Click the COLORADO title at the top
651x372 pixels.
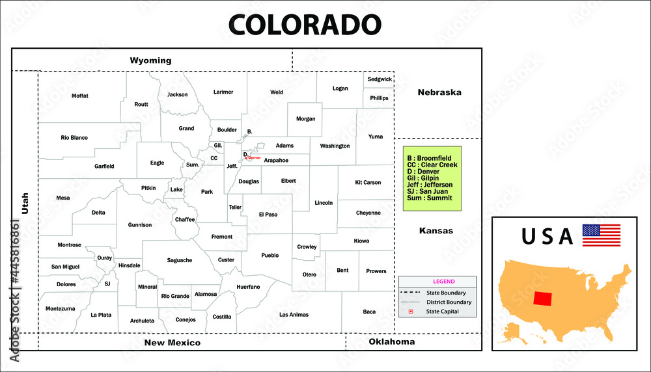point(304,24)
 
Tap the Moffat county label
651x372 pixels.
point(79,96)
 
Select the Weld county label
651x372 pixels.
point(277,92)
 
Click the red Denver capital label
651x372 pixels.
point(253,158)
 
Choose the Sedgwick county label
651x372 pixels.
point(380,79)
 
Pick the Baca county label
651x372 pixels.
point(369,312)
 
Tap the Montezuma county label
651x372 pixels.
point(60,308)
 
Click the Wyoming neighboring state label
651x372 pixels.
point(150,60)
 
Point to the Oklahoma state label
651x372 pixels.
point(391,341)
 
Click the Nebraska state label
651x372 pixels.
point(439,92)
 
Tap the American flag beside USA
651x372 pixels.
point(601,235)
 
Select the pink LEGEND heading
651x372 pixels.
point(444,282)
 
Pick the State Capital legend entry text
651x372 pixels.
point(443,312)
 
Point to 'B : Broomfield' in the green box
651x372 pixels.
point(429,158)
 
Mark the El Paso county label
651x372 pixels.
point(268,214)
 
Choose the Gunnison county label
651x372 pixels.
point(140,225)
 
